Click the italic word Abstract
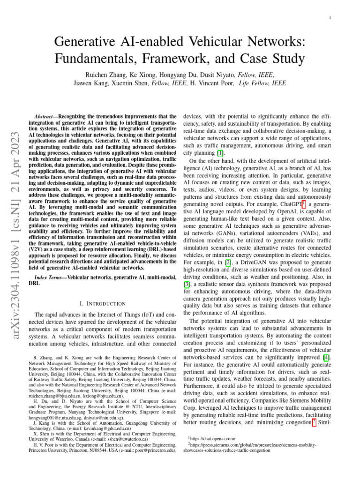pos(48,116)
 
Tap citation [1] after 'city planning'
pos(219,153)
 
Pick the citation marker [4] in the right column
pos(330,358)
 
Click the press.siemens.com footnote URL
pos(252,444)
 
